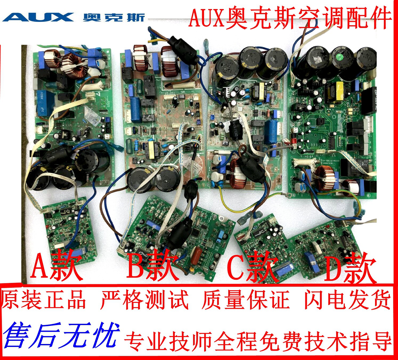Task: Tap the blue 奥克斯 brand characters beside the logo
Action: pyautogui.click(x=114, y=17)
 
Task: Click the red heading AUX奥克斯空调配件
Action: pyautogui.click(x=290, y=18)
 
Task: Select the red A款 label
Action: pyautogui.click(x=56, y=266)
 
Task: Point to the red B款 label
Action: pyautogui.click(x=153, y=266)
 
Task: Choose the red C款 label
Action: pyautogui.click(x=252, y=268)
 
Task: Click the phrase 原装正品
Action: pyautogui.click(x=44, y=299)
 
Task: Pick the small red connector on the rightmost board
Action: pyautogui.click(x=294, y=141)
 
